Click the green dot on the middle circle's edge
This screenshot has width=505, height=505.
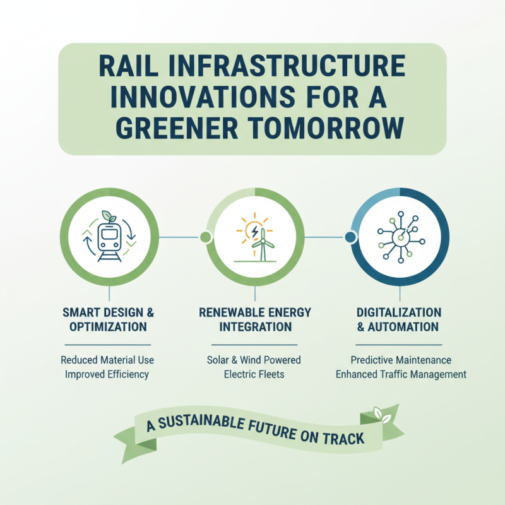point(205,237)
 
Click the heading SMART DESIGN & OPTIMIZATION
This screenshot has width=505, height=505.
point(109,320)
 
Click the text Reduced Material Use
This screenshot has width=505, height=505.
point(107,360)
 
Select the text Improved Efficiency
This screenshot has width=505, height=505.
point(107,374)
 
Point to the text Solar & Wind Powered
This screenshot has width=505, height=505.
point(254,360)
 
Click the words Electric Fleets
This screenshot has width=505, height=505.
point(254,374)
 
